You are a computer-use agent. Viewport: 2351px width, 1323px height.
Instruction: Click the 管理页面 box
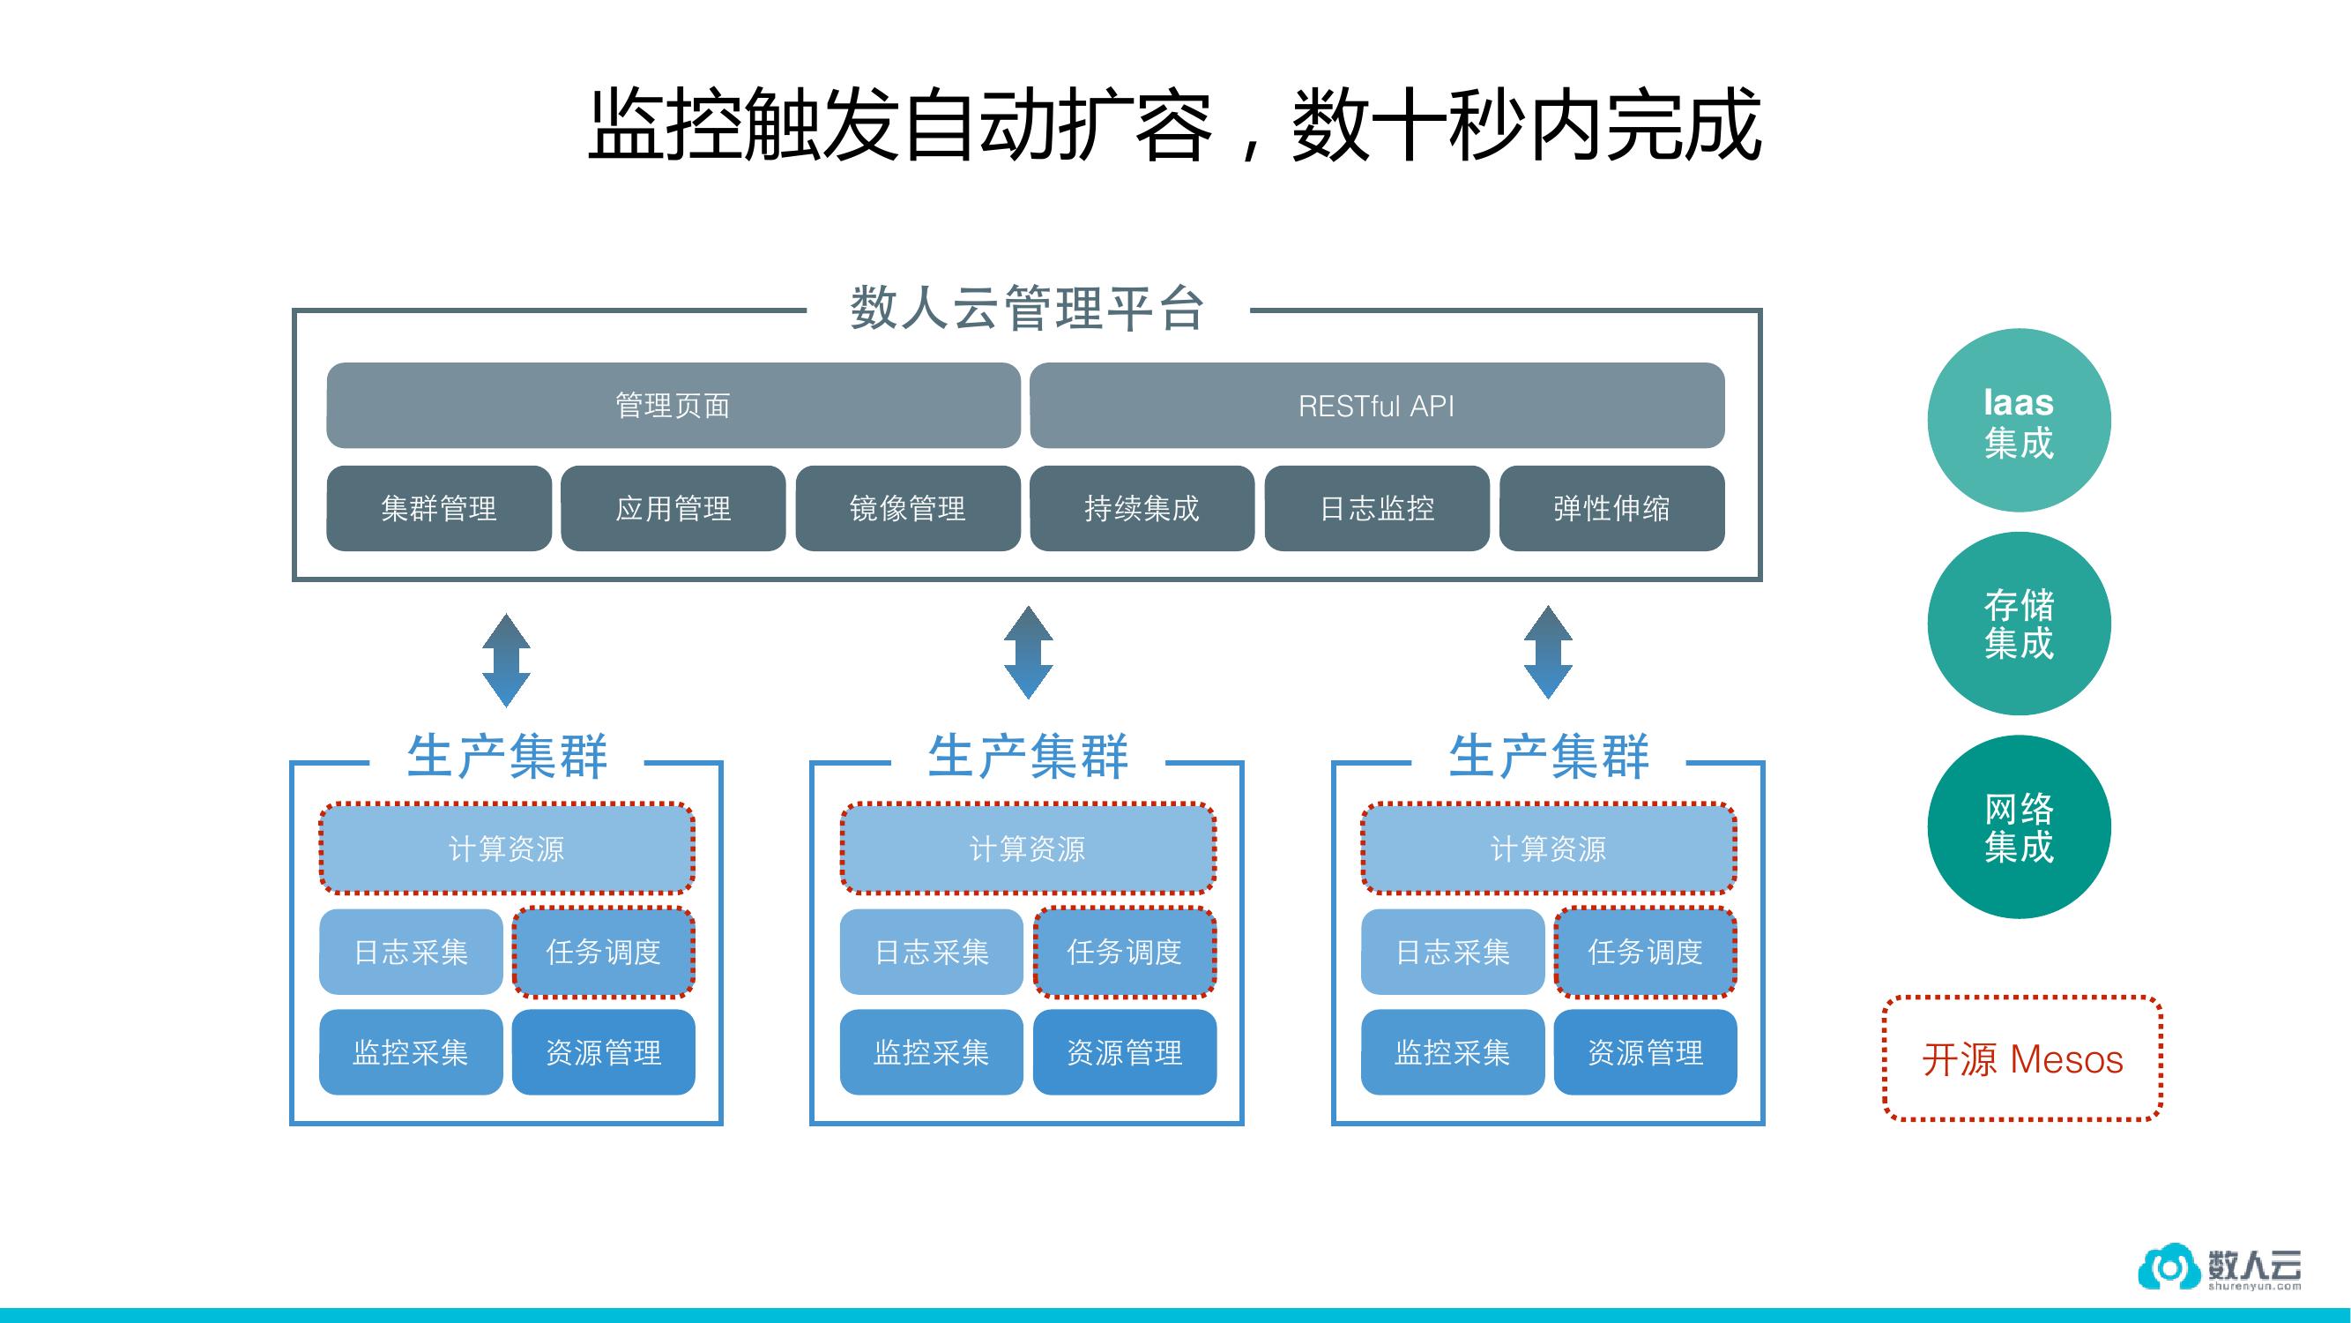pos(673,406)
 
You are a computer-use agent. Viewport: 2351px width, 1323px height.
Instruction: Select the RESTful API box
pos(1376,406)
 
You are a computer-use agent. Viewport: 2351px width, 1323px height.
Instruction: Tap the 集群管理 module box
pos(438,509)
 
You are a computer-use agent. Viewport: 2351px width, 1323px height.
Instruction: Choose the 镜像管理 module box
pos(907,509)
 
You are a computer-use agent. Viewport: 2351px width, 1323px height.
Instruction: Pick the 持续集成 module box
pos(1142,509)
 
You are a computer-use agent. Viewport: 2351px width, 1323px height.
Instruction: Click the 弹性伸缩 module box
pos(1611,509)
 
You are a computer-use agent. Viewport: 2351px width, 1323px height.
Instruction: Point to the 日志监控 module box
pos(1376,509)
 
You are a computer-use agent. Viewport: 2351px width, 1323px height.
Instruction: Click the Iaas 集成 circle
pos(2019,420)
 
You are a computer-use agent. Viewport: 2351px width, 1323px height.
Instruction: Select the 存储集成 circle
pos(2019,624)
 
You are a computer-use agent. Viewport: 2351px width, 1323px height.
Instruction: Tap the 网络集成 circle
pos(2019,827)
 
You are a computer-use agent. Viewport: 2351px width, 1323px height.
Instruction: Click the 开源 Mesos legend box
pos(2022,1059)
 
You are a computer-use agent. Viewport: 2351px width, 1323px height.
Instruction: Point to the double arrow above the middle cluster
pos(1028,653)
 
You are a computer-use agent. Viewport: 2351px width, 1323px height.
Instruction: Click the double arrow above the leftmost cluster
pos(507,660)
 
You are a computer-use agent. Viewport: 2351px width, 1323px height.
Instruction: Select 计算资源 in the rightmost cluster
pos(1548,848)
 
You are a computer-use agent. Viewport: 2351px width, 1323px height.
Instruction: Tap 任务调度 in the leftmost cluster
pos(603,953)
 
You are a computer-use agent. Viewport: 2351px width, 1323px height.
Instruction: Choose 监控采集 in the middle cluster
pos(931,1052)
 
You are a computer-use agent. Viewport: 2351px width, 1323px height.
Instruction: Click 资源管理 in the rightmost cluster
pos(1645,1052)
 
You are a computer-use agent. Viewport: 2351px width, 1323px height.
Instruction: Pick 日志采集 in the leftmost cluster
pos(411,953)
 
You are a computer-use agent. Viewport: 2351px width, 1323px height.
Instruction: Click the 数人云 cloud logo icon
pos(2168,1267)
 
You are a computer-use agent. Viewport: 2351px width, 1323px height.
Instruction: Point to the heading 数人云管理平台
pos(1027,308)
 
